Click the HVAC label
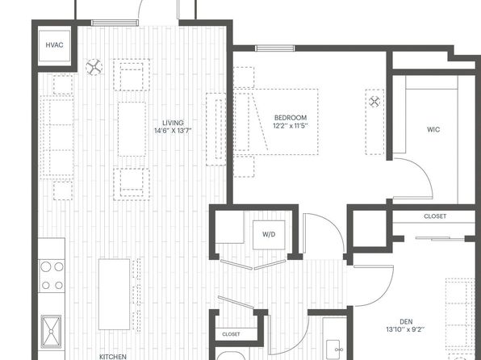tap(54, 45)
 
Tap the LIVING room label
tap(173, 123)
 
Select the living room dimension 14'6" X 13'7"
tap(173, 131)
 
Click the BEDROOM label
tap(291, 118)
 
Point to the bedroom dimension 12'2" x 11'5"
tap(291, 126)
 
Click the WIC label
tap(433, 130)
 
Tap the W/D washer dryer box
tap(269, 235)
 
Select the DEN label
tap(406, 322)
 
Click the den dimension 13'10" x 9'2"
tap(406, 330)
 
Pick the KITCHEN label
tap(113, 357)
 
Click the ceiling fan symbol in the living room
tap(94, 67)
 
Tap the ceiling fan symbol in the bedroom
tap(374, 101)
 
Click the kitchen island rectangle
tap(114, 295)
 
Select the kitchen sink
tap(51, 332)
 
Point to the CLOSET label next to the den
tap(435, 216)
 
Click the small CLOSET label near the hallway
tap(231, 334)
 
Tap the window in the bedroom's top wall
tap(275, 48)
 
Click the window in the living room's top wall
tap(115, 23)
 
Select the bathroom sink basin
tap(333, 350)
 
